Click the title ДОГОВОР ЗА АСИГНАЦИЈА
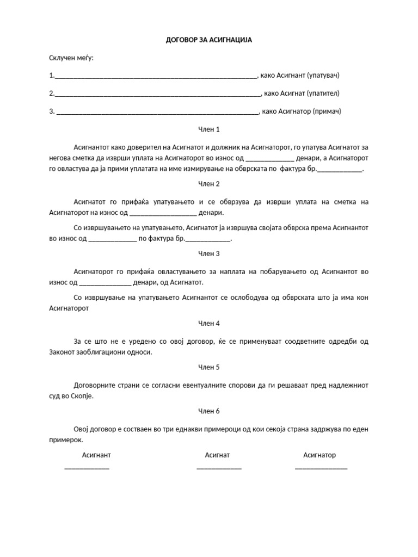(x=209, y=40)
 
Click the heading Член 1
(x=209, y=129)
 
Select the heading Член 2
(x=209, y=184)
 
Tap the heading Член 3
(x=209, y=253)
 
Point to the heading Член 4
(x=209, y=323)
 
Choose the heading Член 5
(x=209, y=367)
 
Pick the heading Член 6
(x=209, y=411)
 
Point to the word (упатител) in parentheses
(x=327, y=94)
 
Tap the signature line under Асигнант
(x=87, y=468)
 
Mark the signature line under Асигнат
(x=219, y=468)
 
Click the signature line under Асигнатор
(x=321, y=468)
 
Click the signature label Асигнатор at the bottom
(x=319, y=455)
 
